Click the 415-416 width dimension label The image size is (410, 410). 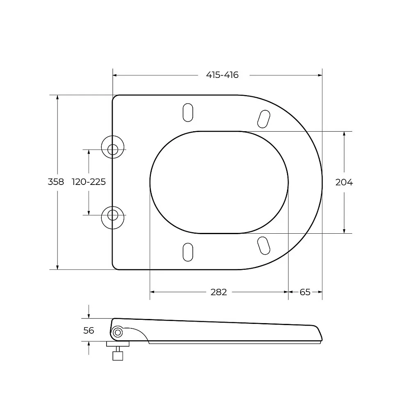click(x=222, y=75)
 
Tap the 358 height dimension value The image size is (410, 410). click(x=56, y=182)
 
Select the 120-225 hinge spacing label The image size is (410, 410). click(x=89, y=182)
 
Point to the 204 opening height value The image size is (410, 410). click(x=344, y=182)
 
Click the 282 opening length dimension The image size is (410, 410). click(x=219, y=292)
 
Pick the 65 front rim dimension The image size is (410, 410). click(x=305, y=292)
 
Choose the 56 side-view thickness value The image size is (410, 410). click(x=89, y=330)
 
